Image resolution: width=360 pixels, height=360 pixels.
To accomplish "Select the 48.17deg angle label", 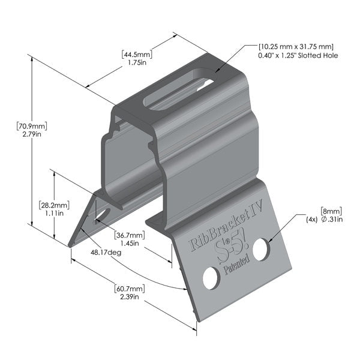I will coord(107,253).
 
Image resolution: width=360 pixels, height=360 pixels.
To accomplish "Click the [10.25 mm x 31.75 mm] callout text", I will coord(296,46).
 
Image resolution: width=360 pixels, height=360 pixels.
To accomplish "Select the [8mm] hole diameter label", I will coord(331,211).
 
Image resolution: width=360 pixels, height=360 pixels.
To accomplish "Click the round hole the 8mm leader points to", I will coord(260,249).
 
